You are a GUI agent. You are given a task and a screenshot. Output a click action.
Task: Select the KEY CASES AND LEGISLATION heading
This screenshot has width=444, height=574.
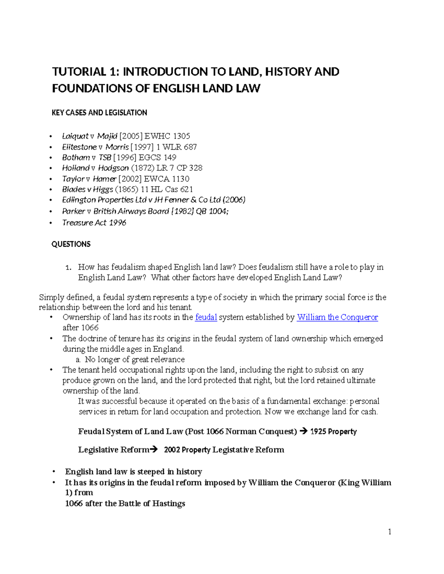(x=99, y=113)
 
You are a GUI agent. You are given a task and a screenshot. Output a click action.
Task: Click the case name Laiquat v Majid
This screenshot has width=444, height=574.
(x=90, y=136)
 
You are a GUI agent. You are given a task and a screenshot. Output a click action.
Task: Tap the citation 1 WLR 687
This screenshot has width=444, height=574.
(x=176, y=147)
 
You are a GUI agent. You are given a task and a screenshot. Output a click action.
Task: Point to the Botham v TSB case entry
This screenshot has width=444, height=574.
(x=87, y=157)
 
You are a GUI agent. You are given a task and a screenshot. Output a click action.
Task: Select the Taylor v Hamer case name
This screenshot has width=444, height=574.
(x=89, y=179)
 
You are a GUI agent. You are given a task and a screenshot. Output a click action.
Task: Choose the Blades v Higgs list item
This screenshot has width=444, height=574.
(x=87, y=190)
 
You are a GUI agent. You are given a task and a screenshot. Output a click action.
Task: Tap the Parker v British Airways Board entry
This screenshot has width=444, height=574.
(x=115, y=211)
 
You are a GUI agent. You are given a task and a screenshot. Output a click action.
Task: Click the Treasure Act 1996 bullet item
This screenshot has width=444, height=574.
(x=94, y=223)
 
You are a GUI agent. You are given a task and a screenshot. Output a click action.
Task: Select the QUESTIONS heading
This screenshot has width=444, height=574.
(x=71, y=244)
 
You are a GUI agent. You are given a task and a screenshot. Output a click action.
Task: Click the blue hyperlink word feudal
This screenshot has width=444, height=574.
(x=206, y=317)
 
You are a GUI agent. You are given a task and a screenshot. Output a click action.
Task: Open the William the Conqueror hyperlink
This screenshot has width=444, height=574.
(x=337, y=317)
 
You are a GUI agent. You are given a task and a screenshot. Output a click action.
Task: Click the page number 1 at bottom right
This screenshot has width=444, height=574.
(x=390, y=532)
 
